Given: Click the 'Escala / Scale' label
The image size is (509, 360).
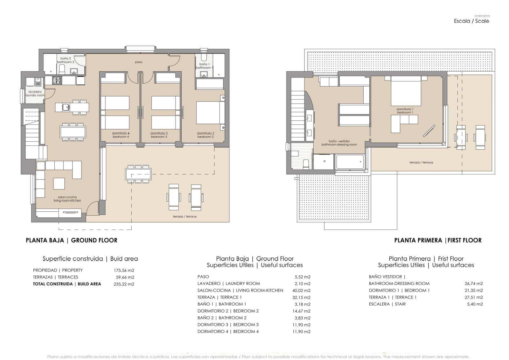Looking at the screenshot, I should click(471, 21).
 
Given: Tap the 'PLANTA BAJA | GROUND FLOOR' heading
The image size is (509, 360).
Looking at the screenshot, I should click(72, 240).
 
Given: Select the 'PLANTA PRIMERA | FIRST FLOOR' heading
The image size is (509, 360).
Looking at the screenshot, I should click(438, 240).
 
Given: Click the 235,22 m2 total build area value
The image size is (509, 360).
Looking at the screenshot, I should click(124, 284).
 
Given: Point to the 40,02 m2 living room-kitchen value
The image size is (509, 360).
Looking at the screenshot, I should click(301, 290).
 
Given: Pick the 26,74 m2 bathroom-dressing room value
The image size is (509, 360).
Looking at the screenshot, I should click(474, 283).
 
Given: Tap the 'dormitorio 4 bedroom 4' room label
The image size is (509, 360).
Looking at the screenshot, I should click(121, 135).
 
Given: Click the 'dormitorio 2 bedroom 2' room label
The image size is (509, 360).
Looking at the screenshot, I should click(205, 135).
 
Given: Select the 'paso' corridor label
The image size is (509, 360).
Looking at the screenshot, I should click(138, 62).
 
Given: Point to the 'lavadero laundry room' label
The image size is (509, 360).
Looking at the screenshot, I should click(35, 94).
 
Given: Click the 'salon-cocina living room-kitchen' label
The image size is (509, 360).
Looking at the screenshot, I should click(67, 199).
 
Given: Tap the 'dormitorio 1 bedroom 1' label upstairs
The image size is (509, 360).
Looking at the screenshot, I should click(405, 111).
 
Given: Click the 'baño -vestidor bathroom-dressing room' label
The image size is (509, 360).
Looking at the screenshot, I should click(339, 143).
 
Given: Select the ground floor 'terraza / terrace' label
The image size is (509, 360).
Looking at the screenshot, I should click(185, 216).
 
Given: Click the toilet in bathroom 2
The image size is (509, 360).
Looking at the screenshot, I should click(62, 70).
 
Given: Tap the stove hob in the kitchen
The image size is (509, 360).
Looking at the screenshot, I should click(57, 81).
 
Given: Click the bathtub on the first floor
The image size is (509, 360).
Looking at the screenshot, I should click(350, 162).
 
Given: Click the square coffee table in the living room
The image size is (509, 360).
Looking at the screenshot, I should click(59, 184).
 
